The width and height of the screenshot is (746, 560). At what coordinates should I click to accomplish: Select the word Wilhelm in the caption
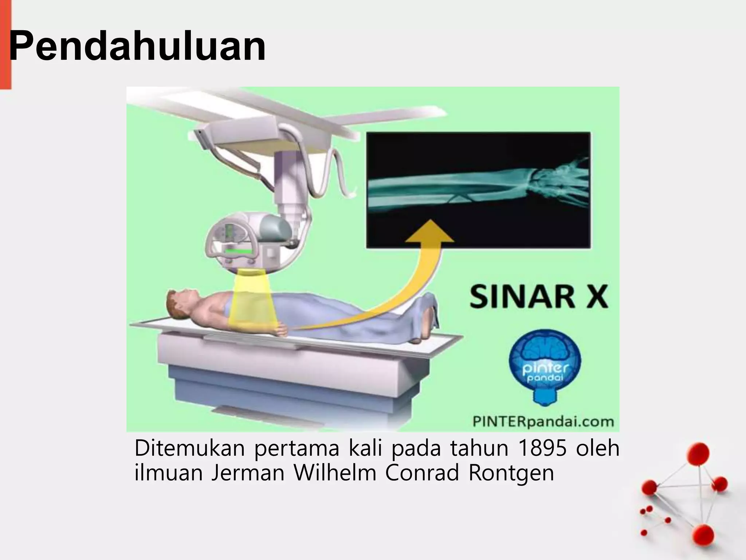coord(335,473)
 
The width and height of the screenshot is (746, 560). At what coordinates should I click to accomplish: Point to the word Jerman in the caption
coord(248,473)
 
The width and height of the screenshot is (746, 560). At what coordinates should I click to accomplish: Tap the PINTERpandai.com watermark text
coord(543,422)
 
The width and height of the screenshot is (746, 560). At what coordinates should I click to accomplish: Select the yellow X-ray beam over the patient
coord(251,303)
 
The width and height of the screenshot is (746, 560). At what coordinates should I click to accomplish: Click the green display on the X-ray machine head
coord(239,251)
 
